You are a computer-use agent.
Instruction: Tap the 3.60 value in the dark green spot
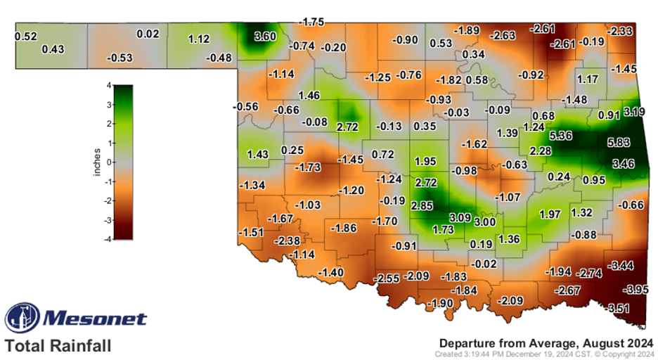(255, 37)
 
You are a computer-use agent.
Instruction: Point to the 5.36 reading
(560, 135)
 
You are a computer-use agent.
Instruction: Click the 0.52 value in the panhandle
(25, 36)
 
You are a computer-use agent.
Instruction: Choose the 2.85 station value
(422, 206)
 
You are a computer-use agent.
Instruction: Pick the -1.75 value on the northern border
(311, 22)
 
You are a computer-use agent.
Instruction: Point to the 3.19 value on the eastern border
(634, 110)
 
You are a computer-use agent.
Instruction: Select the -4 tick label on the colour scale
(107, 239)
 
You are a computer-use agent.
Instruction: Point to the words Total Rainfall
(58, 346)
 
